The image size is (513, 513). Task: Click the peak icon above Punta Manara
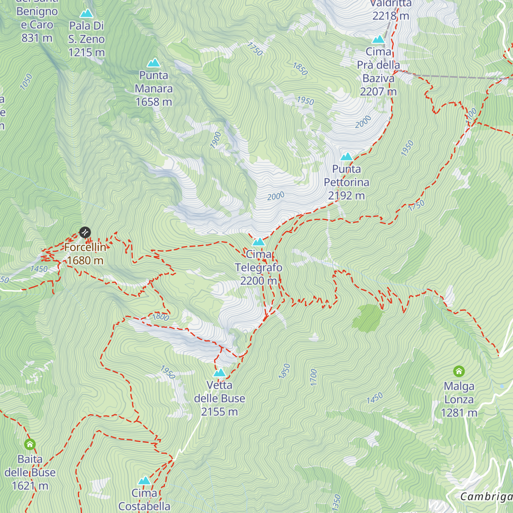pos(153,63)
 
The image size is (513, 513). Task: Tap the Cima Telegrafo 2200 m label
pos(259,268)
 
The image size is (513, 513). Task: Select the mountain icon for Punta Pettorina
pos(346,156)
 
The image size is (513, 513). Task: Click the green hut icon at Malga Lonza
pos(459,371)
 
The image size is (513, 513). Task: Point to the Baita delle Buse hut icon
pos(30,444)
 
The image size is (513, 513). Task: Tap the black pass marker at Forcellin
pos(85,232)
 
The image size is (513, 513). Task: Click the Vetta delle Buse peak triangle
pos(219,373)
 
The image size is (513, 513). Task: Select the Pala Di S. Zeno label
pos(86,39)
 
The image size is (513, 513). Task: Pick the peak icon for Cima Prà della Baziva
pos(378,40)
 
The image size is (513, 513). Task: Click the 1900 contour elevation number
pos(216,140)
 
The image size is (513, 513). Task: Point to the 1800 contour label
pos(161,317)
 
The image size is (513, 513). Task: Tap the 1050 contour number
pos(26,82)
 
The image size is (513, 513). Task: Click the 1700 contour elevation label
pos(313,377)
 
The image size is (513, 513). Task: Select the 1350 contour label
pos(337,502)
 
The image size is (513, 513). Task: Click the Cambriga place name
pos(486,496)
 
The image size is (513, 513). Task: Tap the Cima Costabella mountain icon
pos(144,481)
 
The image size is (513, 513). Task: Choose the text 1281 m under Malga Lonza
pos(459,413)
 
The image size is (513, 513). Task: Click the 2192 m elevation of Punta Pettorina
pos(346,196)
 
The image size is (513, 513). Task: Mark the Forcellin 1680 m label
pos(85,254)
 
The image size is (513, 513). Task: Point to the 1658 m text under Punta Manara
pos(153,102)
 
